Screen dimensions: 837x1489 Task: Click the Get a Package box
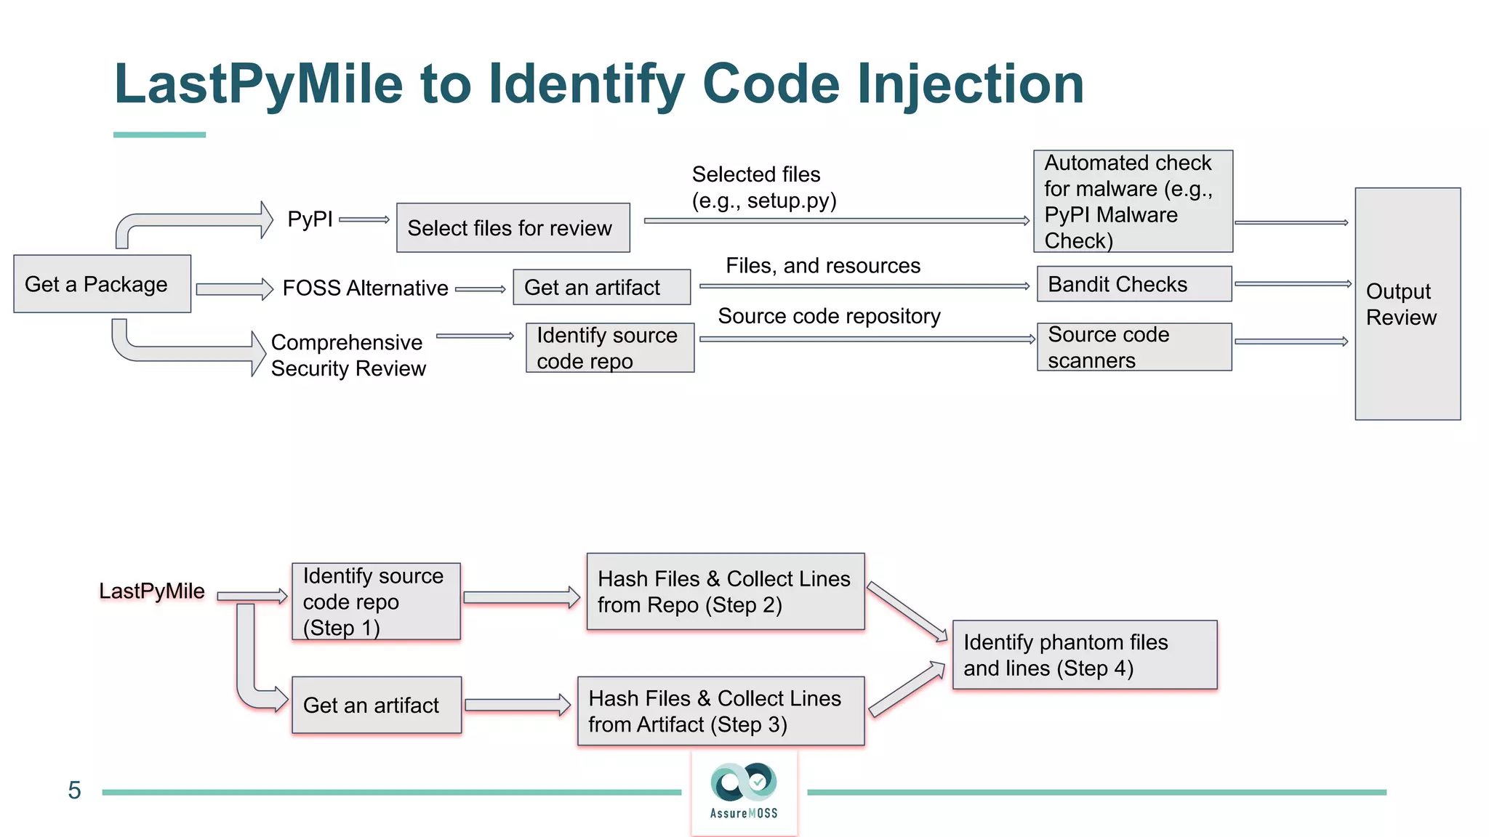tap(102, 284)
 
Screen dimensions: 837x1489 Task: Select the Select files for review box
tap(513, 228)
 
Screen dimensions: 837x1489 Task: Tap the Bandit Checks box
tap(1133, 284)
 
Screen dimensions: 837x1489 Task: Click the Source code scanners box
tap(1133, 347)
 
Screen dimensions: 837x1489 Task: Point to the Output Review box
tap(1407, 304)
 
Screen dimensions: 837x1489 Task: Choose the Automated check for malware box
tap(1132, 201)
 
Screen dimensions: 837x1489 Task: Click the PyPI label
tap(310, 219)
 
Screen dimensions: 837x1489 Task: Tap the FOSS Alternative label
tap(365, 288)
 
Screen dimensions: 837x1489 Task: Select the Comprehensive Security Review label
tap(348, 355)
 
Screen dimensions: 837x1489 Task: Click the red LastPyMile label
tap(151, 591)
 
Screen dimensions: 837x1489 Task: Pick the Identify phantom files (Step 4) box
tap(1084, 655)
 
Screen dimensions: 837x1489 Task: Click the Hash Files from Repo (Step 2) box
tap(725, 591)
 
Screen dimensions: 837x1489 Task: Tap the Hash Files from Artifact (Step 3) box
tap(721, 711)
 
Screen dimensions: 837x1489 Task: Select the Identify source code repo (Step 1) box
tap(375, 602)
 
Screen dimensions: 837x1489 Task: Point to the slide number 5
tap(74, 790)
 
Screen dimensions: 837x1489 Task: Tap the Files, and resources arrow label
tap(822, 266)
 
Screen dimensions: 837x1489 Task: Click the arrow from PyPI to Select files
tap(364, 219)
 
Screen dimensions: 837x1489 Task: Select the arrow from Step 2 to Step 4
tap(907, 611)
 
